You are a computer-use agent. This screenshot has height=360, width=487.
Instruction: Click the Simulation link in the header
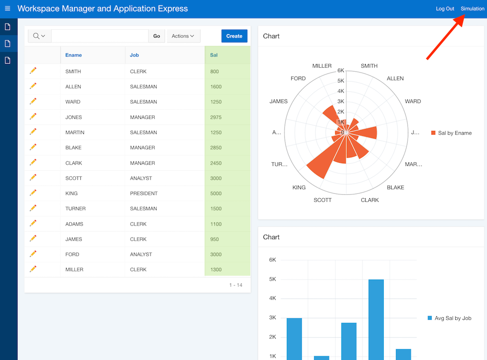pos(472,9)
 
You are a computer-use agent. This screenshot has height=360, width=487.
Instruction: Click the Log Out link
pos(445,9)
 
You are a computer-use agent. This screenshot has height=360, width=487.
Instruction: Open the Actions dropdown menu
pos(183,36)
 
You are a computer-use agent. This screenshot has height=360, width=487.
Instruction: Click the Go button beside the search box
pos(157,36)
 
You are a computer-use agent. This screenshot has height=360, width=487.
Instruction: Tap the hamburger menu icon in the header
pos(7,9)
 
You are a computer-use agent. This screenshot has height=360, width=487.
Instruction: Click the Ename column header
pos(74,55)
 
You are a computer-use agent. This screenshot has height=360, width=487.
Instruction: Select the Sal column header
pos(214,55)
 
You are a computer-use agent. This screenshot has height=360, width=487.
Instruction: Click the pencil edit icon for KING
pos(33,193)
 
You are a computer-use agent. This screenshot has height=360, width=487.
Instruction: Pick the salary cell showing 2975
pos(216,117)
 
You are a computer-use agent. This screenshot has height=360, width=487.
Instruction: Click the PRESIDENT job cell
pos(144,193)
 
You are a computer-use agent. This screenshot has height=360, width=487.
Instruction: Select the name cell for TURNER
pos(75,208)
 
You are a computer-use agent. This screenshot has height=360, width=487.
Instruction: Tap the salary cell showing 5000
pos(216,193)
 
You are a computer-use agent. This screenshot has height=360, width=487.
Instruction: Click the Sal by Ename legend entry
pos(451,133)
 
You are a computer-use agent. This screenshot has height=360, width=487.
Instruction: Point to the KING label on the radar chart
pos(299,188)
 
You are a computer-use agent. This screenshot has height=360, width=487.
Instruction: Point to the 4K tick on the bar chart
pos(272,298)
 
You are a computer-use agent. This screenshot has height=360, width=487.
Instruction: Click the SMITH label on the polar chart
pos(369,66)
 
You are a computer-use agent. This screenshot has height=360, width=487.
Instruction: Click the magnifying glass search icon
pos(37,36)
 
